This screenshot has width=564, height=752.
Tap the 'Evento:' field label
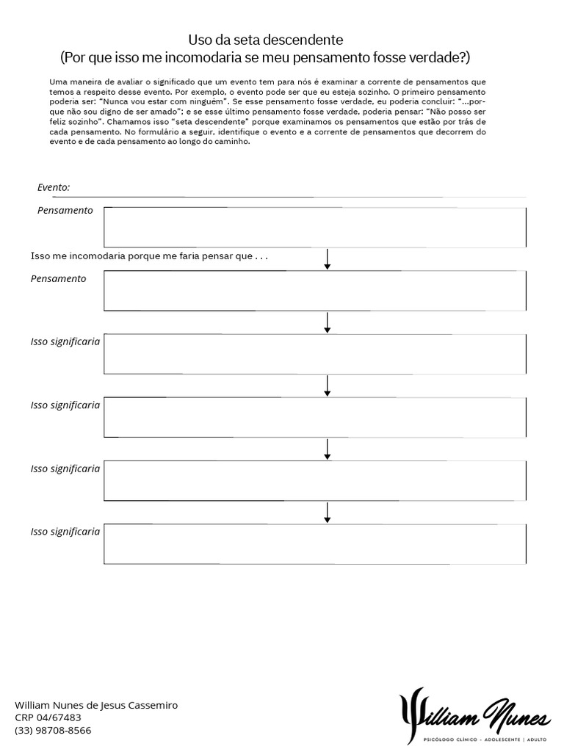54,187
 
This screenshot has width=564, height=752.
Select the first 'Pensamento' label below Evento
65,211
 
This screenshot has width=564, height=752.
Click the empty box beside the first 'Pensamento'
314,227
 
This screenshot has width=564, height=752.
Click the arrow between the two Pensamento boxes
327,258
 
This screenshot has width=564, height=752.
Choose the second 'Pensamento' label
58,278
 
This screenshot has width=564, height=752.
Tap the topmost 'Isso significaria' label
65,341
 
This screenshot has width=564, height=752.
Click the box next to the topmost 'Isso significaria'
314,354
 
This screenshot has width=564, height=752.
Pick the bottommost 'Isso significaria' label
65,531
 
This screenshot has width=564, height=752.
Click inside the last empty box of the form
314,543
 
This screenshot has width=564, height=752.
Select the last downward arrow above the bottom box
327,512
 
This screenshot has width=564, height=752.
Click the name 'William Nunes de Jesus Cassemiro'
96,705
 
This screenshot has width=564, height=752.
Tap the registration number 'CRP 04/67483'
48,717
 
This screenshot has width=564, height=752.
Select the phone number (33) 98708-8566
54,730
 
